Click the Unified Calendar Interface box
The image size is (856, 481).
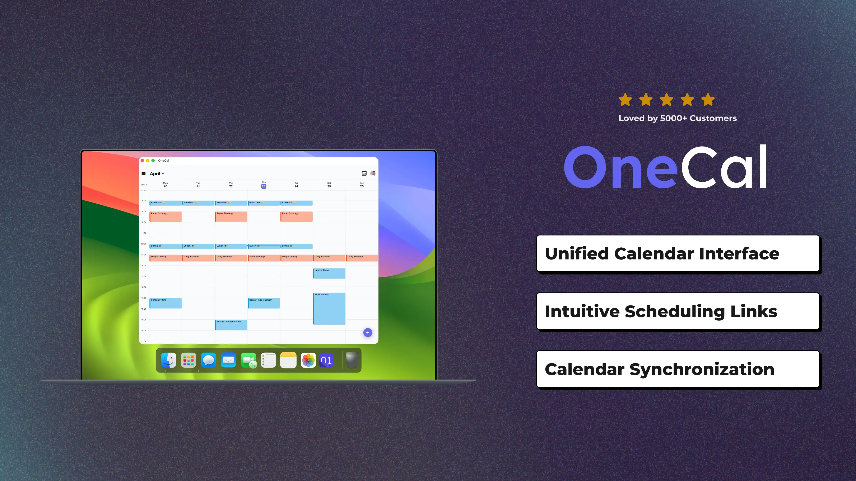678,254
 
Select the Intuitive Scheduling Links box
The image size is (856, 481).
678,311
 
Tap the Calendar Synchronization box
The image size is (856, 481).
678,369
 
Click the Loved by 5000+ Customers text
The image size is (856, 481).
678,118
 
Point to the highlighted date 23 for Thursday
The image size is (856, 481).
264,186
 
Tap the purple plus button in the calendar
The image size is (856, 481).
368,332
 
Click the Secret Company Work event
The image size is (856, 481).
231,325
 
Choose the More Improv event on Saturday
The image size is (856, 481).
329,308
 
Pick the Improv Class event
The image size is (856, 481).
329,273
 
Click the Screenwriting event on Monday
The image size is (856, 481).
166,303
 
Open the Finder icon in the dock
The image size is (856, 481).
168,360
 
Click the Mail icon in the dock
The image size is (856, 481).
228,360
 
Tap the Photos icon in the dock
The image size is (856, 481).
308,360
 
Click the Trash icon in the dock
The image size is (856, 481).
352,360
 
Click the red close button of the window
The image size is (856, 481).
142,161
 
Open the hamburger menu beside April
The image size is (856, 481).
144,174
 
